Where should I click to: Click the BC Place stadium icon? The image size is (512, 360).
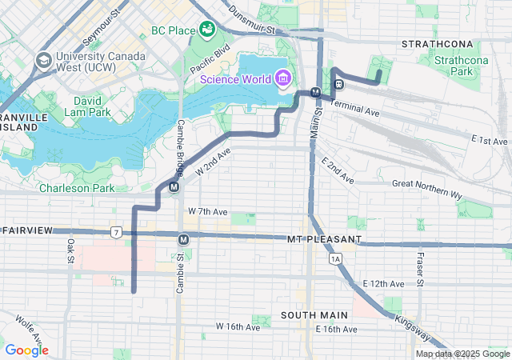[208, 30]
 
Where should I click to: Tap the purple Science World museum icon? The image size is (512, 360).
[282, 78]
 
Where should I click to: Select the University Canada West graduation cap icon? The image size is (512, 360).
[43, 60]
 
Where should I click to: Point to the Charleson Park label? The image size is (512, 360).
[78, 188]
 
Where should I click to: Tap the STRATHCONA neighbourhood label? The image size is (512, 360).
[438, 42]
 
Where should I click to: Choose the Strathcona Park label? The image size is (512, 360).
[459, 66]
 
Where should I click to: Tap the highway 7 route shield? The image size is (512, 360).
[117, 233]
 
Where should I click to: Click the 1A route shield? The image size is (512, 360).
[334, 258]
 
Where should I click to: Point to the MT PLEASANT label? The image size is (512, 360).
[324, 239]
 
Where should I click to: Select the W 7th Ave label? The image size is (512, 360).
[207, 211]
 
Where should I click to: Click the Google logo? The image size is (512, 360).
[26, 350]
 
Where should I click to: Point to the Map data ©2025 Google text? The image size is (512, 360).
[462, 354]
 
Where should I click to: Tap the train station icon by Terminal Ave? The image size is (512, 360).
[339, 83]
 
